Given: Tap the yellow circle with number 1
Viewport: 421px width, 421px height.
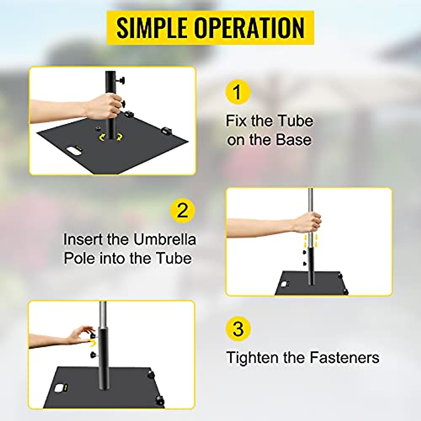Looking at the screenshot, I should pyautogui.click(x=238, y=92).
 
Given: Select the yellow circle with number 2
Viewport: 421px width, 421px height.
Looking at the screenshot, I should pyautogui.click(x=182, y=211).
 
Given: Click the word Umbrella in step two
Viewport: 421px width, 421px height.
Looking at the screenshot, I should pyautogui.click(x=164, y=240).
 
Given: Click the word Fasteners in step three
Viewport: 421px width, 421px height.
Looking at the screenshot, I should pyautogui.click(x=344, y=358).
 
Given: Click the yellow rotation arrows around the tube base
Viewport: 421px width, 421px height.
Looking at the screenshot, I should pyautogui.click(x=110, y=138).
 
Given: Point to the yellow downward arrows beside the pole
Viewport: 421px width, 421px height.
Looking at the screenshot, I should pyautogui.click(x=310, y=241).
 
